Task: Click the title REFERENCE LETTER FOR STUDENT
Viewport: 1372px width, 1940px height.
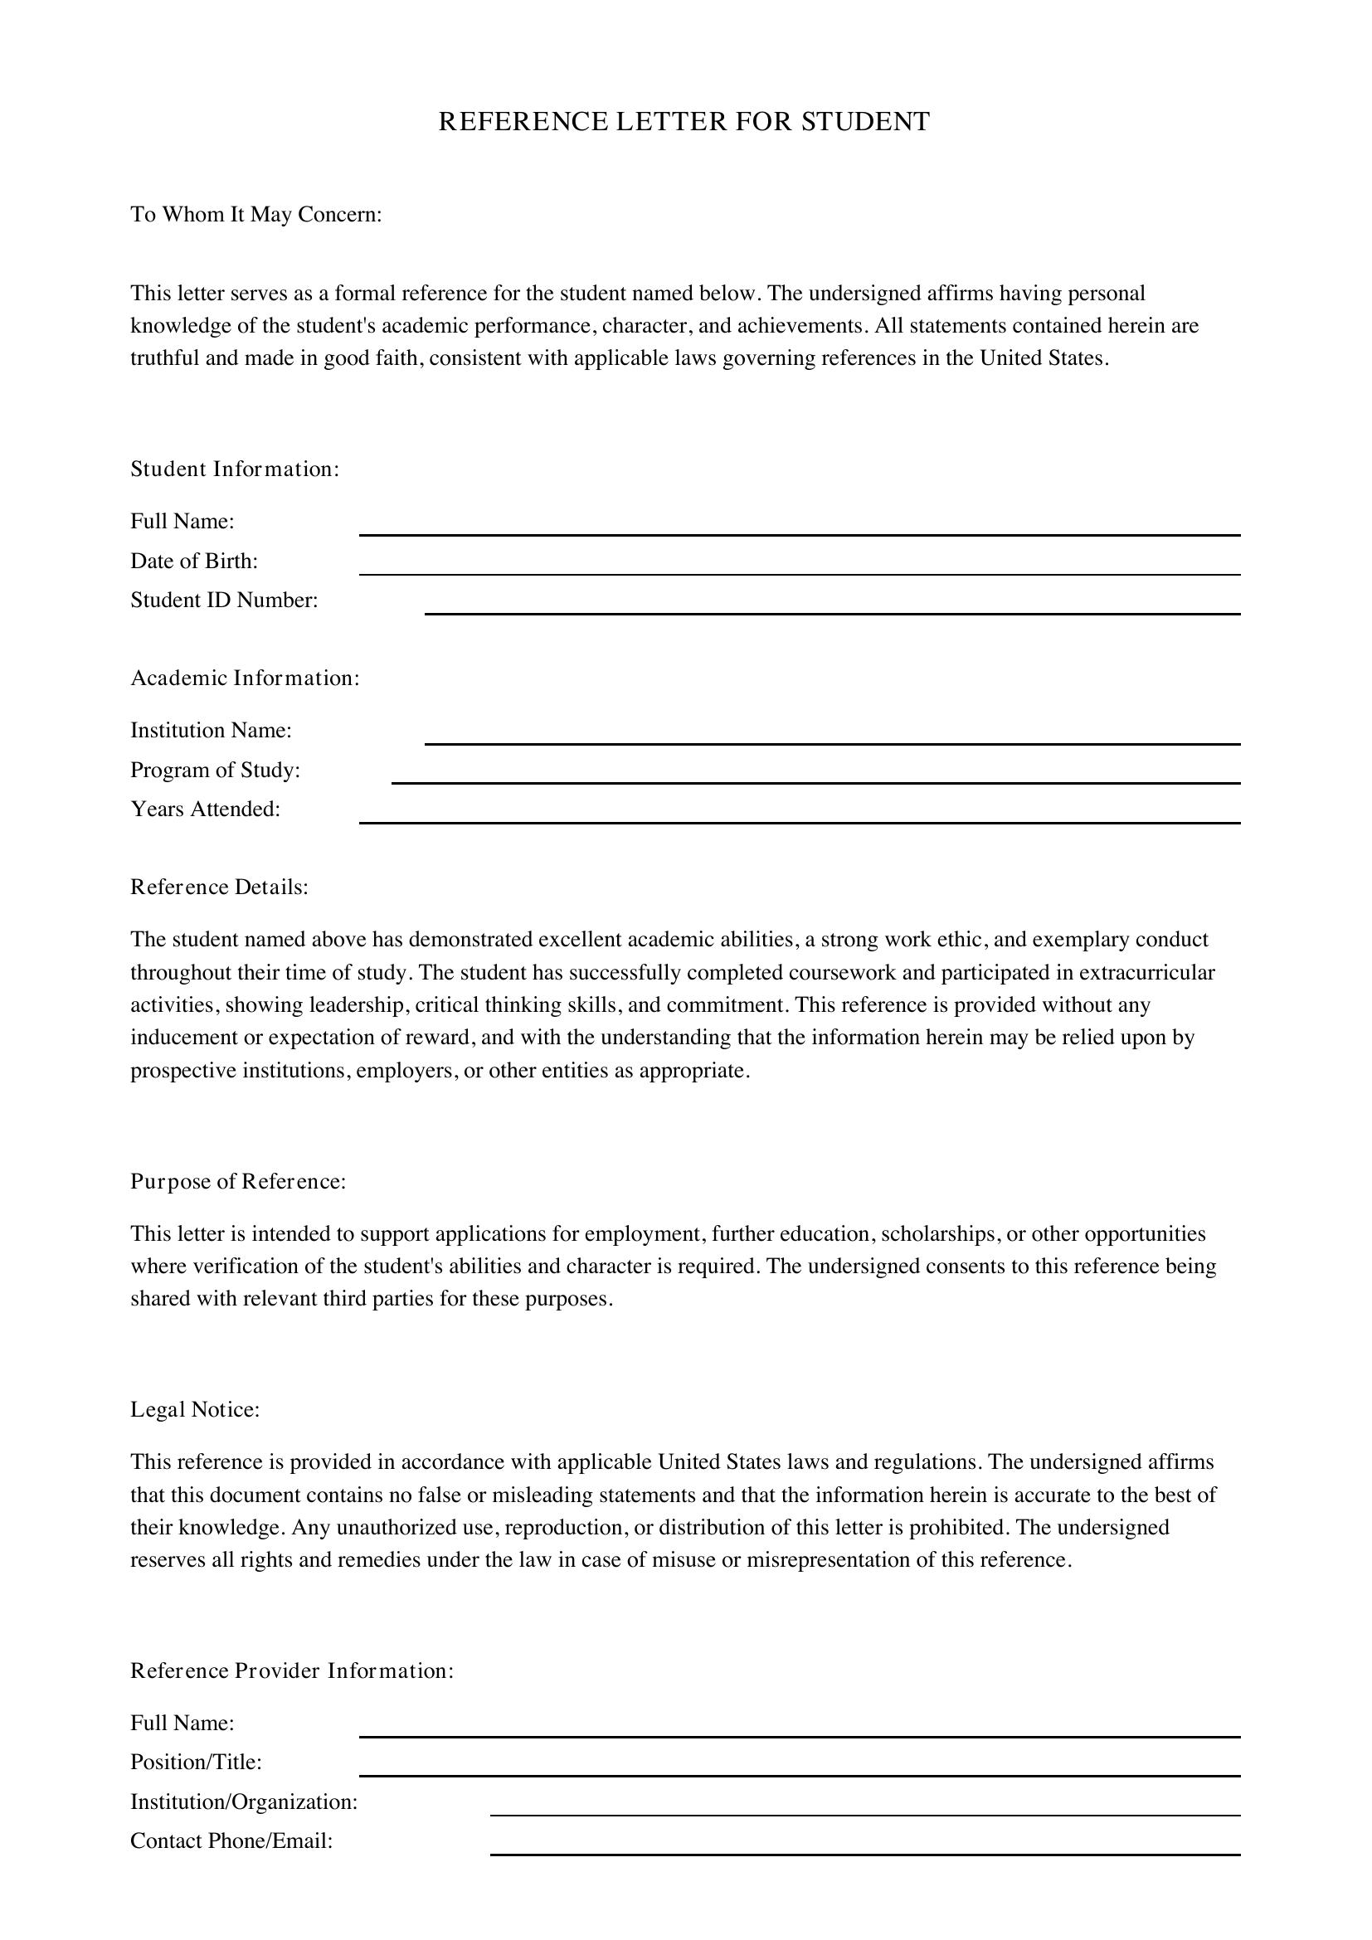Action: coord(684,122)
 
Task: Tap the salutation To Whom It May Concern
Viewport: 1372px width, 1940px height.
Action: coord(256,215)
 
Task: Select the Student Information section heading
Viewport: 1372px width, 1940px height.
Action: coord(234,469)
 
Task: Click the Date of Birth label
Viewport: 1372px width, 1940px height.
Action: coord(193,561)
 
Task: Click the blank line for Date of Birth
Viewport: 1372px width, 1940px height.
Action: coord(799,573)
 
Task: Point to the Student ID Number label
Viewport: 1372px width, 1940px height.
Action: coord(224,600)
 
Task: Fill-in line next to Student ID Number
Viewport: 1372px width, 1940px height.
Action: coord(831,612)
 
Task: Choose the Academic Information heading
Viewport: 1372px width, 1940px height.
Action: coord(244,678)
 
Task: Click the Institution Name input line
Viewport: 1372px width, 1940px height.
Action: coord(831,741)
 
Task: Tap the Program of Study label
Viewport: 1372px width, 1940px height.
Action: coord(215,770)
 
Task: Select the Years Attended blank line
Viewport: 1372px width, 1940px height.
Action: coord(799,820)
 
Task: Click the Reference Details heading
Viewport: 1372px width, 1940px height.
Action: coord(219,887)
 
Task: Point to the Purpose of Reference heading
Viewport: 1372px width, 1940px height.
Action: coord(237,1181)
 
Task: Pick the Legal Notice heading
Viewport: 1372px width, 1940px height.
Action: coord(194,1409)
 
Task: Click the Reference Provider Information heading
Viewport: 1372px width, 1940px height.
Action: coord(291,1670)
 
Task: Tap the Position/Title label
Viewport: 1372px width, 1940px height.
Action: coord(195,1762)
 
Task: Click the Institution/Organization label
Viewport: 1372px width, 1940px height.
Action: coord(243,1801)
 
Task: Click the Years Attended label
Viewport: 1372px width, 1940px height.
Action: coord(204,809)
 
